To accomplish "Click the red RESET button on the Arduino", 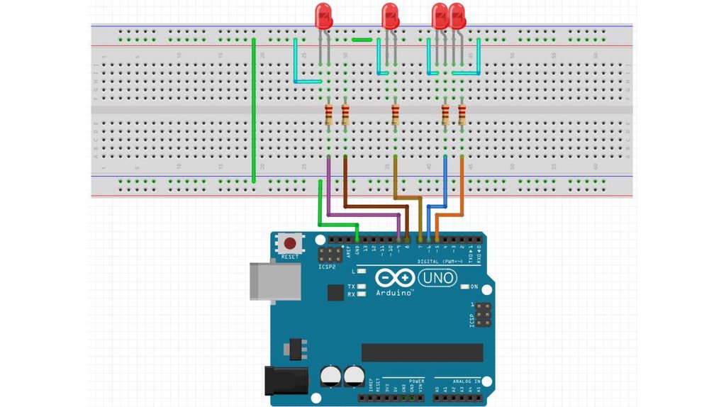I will pos(289,243).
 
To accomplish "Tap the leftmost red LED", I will pos(323,16).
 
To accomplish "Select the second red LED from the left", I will pos(390,16).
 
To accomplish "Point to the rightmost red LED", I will pos(457,16).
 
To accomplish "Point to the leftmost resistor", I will pos(329,114).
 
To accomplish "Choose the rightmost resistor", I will pos(462,114).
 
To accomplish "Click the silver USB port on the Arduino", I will pos(273,281).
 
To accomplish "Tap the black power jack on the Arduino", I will pos(285,380).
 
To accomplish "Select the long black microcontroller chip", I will pos(422,352).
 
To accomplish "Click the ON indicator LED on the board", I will pos(464,286).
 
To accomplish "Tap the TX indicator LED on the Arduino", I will pos(362,286).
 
